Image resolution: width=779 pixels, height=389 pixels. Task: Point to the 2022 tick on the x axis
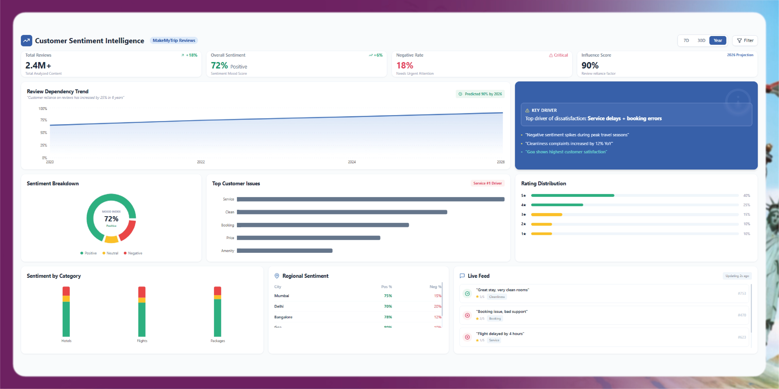point(201,162)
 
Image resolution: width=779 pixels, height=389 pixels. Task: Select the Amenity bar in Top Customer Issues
point(285,251)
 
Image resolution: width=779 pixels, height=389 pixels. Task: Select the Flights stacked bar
point(142,312)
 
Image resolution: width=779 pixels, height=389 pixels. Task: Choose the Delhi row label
point(279,306)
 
